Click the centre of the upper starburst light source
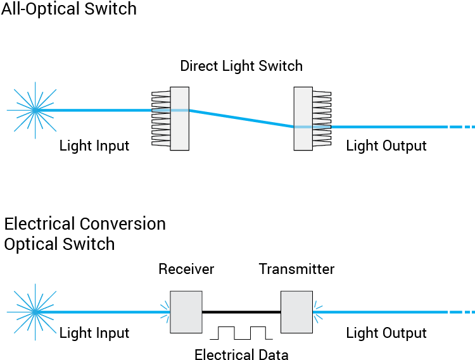point(35,110)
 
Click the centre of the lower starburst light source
point(35,312)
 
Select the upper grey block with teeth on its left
point(179,133)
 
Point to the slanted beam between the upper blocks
point(241,118)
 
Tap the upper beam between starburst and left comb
point(101,110)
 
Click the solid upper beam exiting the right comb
point(386,127)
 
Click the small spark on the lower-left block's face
point(166,312)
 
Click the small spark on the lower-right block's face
point(317,312)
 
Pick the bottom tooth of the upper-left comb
point(161,143)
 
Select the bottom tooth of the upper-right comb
point(321,143)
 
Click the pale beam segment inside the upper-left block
point(179,110)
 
